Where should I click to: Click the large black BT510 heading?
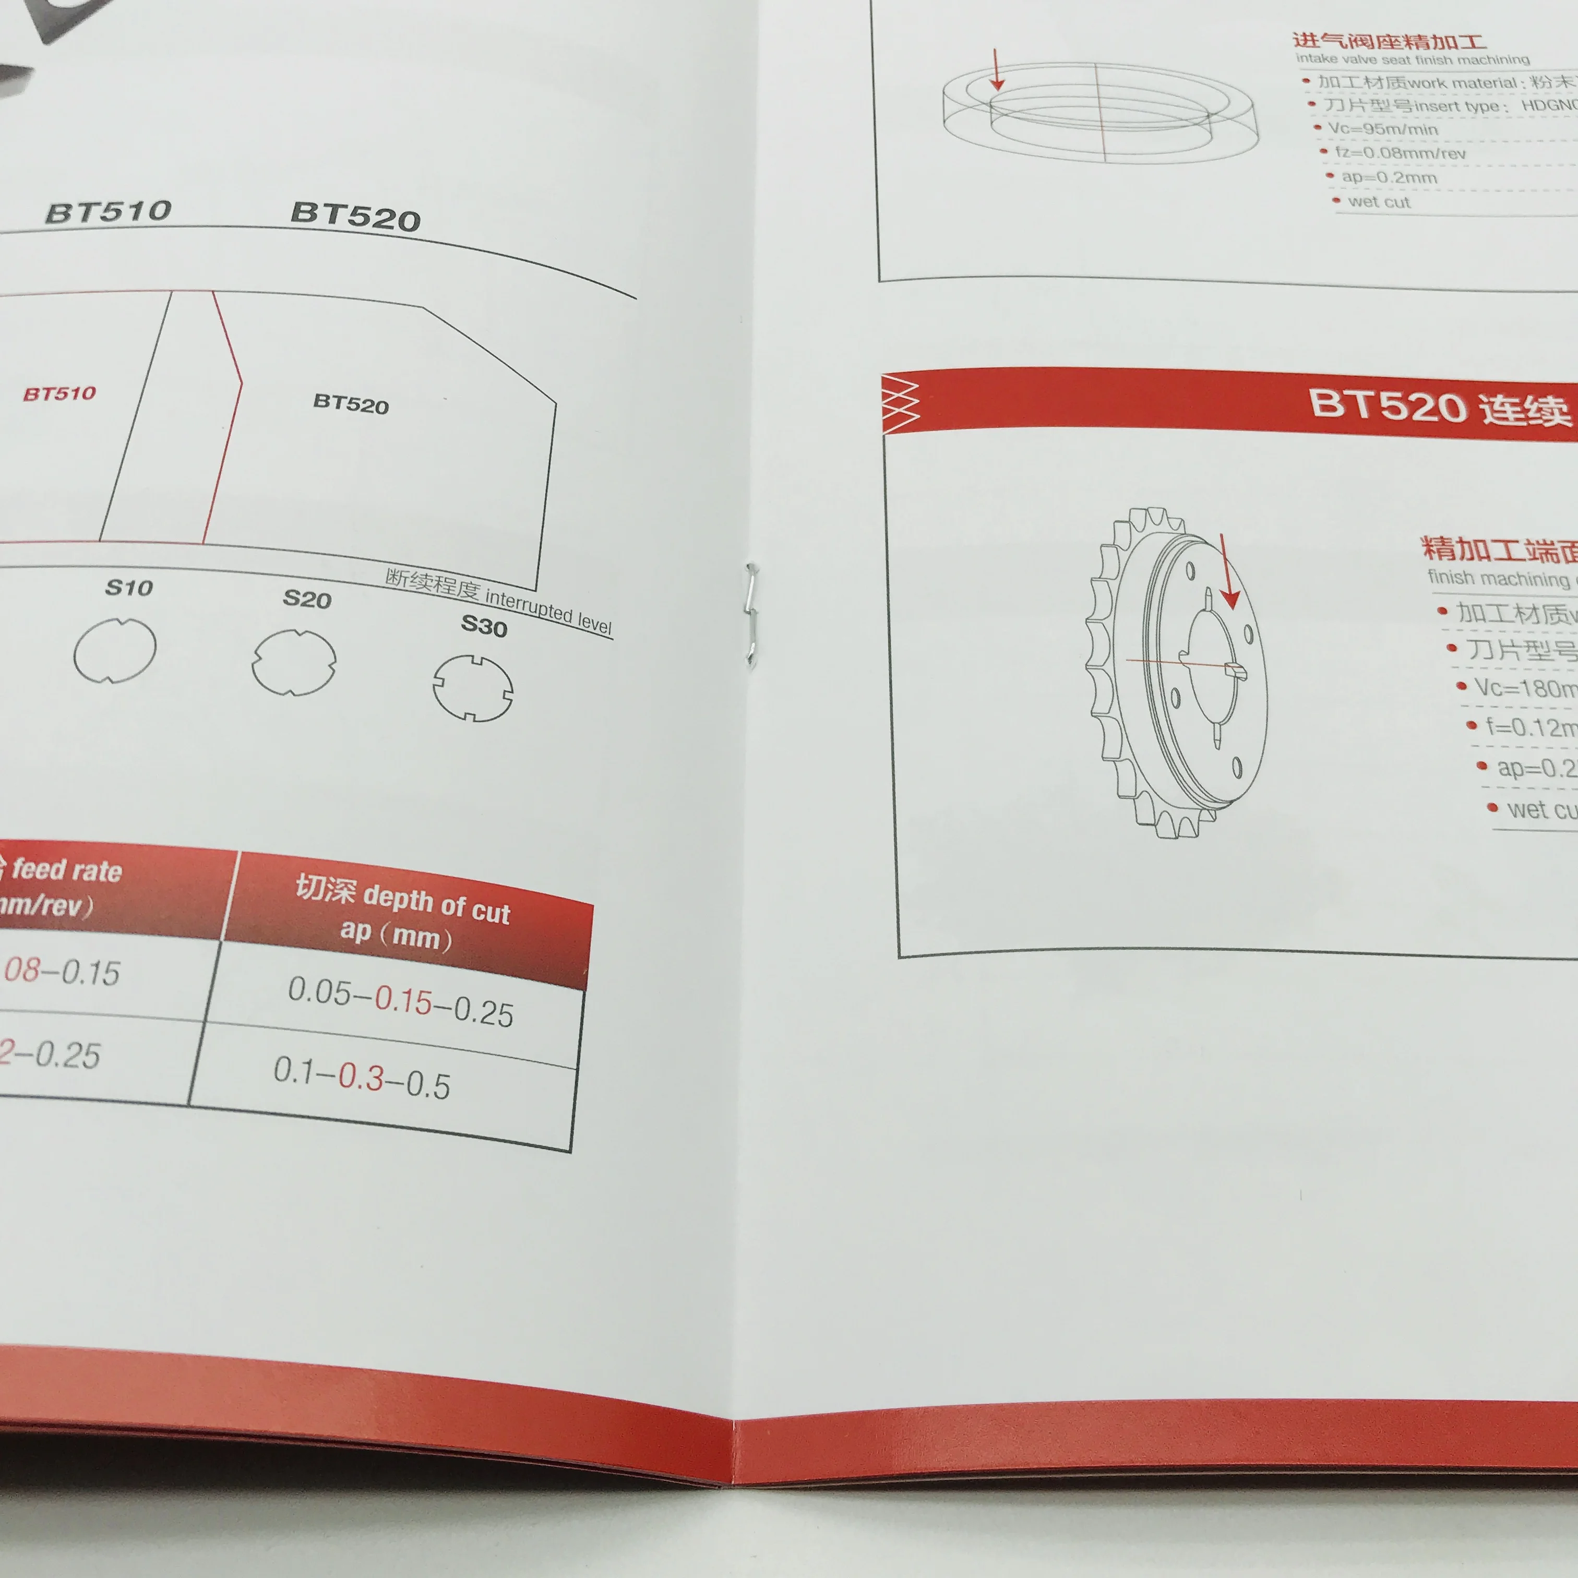click(109, 211)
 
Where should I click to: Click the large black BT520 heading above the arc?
click(355, 217)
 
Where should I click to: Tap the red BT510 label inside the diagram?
click(59, 393)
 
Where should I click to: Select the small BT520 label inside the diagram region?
click(351, 403)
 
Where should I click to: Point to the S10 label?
click(129, 587)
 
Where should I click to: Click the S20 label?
click(307, 599)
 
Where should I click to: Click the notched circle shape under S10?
click(114, 650)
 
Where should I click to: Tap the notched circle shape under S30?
click(473, 688)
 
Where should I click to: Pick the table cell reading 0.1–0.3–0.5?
click(362, 1078)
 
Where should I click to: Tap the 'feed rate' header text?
click(67, 871)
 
